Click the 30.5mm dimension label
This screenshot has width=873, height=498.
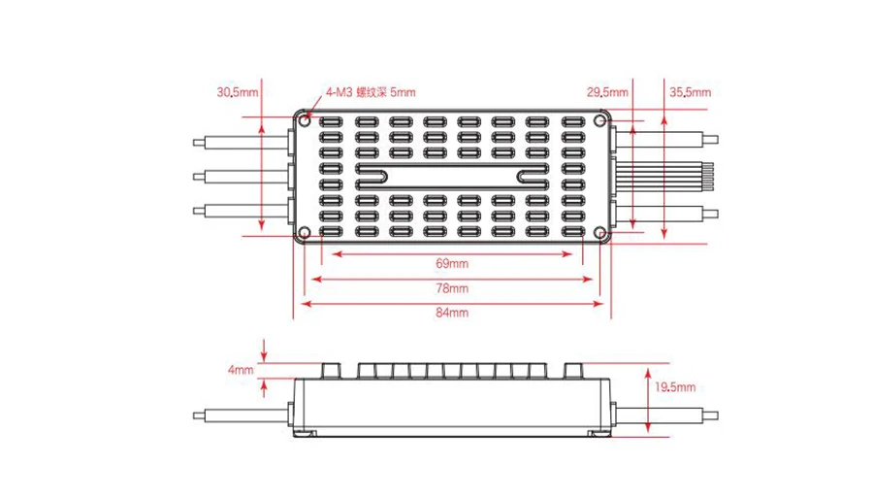pyautogui.click(x=238, y=92)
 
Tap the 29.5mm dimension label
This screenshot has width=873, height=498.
pyautogui.click(x=607, y=92)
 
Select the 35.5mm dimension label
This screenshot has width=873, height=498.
pyautogui.click(x=690, y=92)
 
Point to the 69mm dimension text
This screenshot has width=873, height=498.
pyautogui.click(x=451, y=263)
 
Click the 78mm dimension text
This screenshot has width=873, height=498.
pyautogui.click(x=451, y=288)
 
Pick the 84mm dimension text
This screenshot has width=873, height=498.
pyautogui.click(x=451, y=313)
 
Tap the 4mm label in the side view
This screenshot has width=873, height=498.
pyautogui.click(x=240, y=369)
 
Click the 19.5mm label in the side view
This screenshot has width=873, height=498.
pyautogui.click(x=675, y=386)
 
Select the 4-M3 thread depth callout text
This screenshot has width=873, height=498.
pyautogui.click(x=371, y=92)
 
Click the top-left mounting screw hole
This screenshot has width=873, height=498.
pyautogui.click(x=305, y=120)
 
